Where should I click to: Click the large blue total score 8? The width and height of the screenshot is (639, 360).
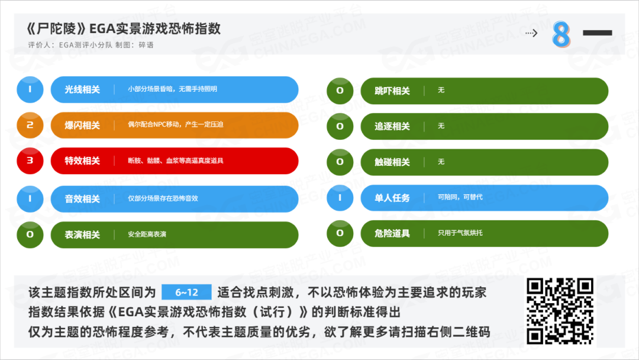(x=561, y=34)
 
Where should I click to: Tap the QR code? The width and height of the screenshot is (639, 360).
(x=560, y=311)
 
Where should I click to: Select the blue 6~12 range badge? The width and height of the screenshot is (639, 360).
(x=186, y=292)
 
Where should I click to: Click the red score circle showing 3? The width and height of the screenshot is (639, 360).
(x=30, y=160)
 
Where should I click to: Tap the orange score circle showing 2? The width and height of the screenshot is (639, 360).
(x=30, y=125)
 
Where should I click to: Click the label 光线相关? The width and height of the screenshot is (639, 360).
(x=82, y=89)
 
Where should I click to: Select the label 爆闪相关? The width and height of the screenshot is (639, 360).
(x=82, y=125)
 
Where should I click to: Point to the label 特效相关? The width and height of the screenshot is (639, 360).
(x=82, y=160)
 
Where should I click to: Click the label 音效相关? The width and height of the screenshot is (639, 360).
(x=82, y=198)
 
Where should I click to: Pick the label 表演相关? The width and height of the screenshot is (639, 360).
(x=82, y=234)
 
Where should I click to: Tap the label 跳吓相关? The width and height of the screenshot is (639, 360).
(x=392, y=91)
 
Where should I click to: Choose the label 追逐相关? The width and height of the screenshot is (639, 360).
(x=392, y=126)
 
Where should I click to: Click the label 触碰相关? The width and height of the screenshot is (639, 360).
(x=392, y=162)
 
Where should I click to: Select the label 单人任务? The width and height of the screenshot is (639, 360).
(x=392, y=198)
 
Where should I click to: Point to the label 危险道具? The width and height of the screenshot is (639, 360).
(x=392, y=233)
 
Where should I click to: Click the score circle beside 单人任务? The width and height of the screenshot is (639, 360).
(x=340, y=198)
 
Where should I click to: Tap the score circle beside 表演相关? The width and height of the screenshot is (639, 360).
(x=30, y=234)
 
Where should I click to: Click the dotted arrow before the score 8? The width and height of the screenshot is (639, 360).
(x=531, y=33)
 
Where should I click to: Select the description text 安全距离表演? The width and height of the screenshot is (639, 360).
(x=147, y=234)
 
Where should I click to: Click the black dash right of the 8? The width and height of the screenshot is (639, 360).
(x=598, y=33)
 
